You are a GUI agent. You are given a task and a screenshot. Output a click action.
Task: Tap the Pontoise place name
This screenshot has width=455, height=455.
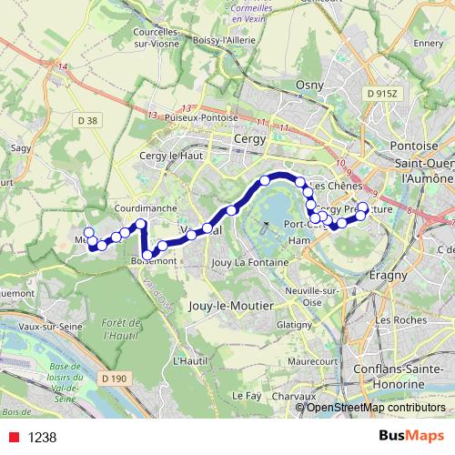413,145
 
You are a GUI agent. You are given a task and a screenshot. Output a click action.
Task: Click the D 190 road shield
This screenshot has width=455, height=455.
114,377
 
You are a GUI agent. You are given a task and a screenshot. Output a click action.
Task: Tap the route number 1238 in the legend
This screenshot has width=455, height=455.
42,437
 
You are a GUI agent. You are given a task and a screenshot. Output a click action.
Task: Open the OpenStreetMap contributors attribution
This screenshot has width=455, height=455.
375,407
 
